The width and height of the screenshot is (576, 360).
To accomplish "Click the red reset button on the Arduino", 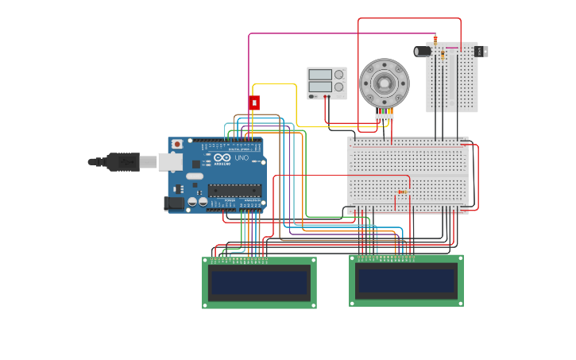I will [177, 144].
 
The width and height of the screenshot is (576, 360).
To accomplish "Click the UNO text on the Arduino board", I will [242, 158].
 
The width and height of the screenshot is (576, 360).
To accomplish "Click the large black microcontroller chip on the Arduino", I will [234, 191].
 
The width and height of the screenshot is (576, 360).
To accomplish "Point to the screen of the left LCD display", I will [258, 282].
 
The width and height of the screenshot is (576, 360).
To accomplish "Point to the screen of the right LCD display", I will [406, 281].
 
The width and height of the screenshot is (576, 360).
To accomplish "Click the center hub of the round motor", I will [384, 83].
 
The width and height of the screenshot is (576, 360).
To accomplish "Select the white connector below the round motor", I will [385, 117].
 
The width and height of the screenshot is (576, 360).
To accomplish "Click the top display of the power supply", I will [320, 75].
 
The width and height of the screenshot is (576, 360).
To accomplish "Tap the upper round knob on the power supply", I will [339, 75].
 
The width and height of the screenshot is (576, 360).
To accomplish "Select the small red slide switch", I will [254, 103].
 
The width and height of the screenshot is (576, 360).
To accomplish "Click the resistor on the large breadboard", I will [402, 192].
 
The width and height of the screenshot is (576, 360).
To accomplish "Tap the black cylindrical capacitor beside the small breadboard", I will [423, 51].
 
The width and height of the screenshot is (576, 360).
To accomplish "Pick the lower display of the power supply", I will [320, 87].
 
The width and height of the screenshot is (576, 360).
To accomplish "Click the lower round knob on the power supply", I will [339, 87].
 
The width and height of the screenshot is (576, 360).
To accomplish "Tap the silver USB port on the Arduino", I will [170, 161].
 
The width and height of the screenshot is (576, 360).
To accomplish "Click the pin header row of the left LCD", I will [239, 259].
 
